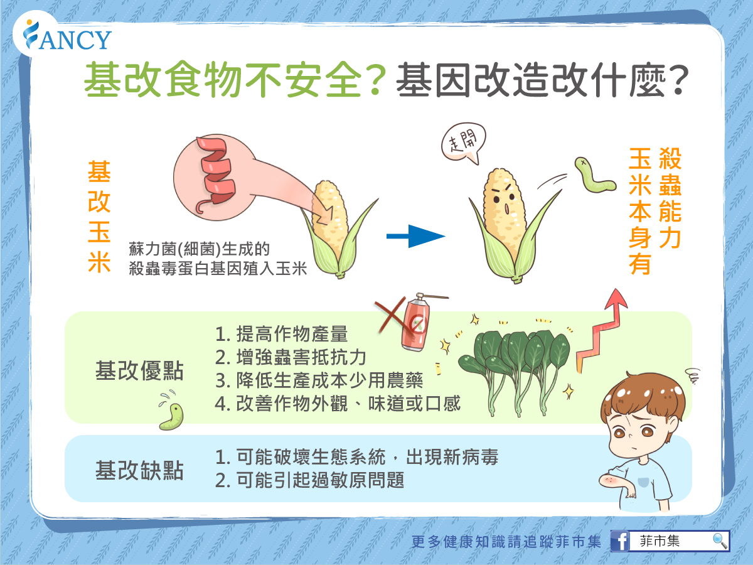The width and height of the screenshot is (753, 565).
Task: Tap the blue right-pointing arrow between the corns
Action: (415, 236)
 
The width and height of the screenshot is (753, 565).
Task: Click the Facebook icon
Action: (620, 541)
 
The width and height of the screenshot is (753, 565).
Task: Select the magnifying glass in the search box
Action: (720, 541)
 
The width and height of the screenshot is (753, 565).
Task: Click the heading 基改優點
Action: (139, 370)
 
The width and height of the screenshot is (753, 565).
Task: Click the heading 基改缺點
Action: (139, 470)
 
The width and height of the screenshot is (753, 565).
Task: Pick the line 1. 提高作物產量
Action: (281, 334)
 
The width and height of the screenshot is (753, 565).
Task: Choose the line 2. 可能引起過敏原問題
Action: (309, 480)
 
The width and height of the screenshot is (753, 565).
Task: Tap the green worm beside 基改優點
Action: (171, 416)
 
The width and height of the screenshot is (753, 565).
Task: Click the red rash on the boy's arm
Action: (609, 480)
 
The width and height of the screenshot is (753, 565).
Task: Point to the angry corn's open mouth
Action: (506, 208)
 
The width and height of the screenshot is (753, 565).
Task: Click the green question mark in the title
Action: (376, 80)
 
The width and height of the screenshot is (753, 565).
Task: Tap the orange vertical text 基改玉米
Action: (99, 216)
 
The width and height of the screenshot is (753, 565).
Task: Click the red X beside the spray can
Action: (395, 316)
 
